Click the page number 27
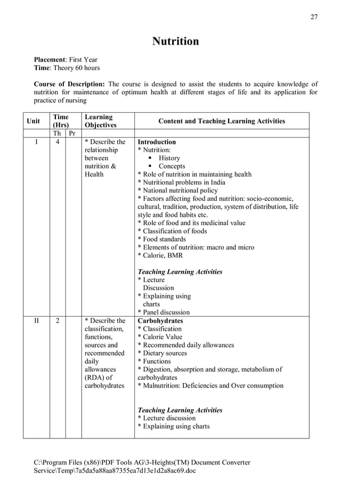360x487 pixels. [314, 17]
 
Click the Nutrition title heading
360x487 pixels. [175, 41]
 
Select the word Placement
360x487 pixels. [50, 59]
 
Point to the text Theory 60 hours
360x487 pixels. [76, 68]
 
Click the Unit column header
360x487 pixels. [33, 121]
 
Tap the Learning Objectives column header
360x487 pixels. [99, 121]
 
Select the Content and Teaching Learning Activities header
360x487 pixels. [222, 121]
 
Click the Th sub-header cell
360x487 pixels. [57, 134]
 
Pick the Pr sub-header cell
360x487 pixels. [72, 134]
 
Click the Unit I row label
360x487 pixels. [36, 142]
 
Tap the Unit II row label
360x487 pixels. [36, 321]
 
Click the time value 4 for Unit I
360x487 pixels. [57, 142]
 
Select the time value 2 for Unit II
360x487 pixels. [57, 321]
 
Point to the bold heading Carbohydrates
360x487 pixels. [160, 321]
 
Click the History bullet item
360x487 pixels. [169, 159]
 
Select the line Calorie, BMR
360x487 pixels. [163, 256]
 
